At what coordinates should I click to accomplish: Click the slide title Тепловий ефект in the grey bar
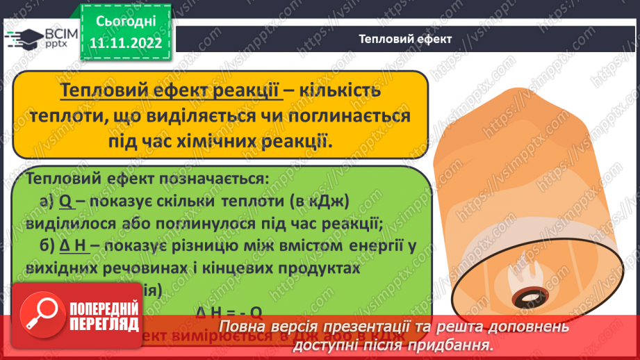point(406,39)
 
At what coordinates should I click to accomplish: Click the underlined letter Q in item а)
point(67,202)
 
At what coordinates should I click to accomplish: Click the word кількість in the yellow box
point(340,92)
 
